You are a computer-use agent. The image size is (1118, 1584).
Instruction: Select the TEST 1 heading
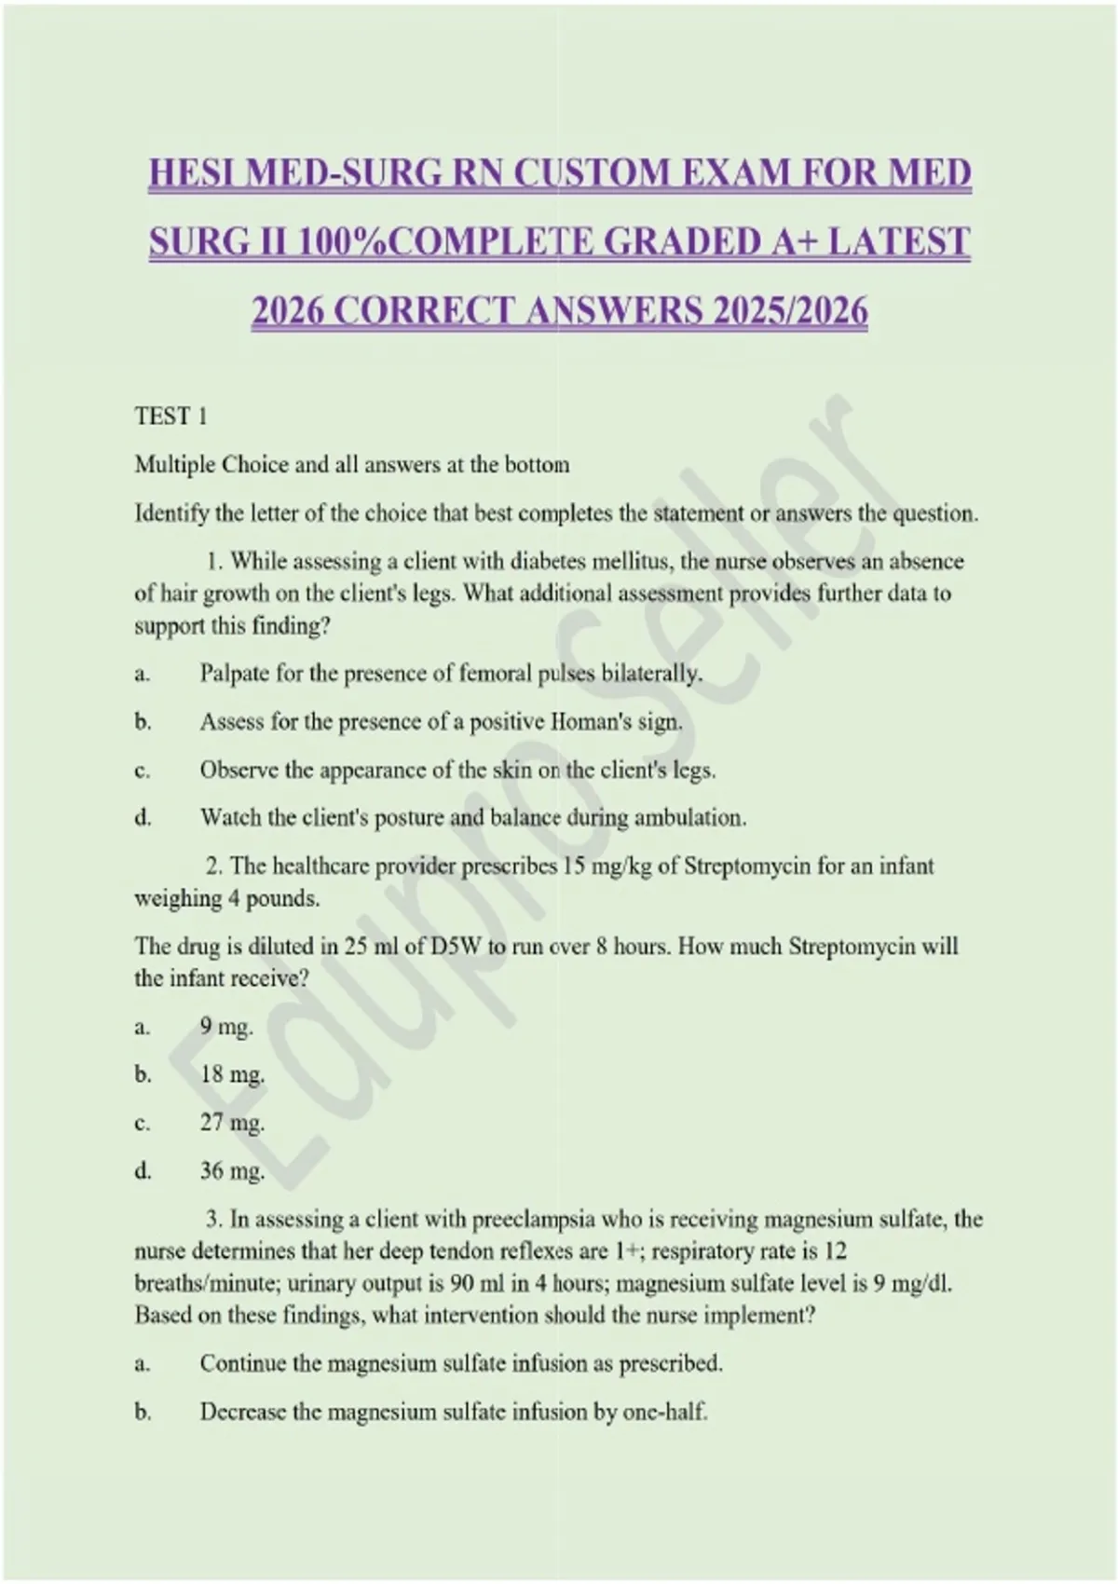pos(170,416)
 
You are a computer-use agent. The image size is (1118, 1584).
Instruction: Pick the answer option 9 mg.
pos(226,1027)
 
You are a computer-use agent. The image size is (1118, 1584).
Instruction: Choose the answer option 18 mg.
pos(232,1074)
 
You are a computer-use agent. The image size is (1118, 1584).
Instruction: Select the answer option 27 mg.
pos(232,1123)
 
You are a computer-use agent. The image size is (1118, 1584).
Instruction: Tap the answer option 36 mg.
pos(232,1171)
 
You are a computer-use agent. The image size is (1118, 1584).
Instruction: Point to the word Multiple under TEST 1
pos(174,464)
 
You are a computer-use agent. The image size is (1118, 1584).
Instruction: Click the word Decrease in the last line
pos(242,1413)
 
